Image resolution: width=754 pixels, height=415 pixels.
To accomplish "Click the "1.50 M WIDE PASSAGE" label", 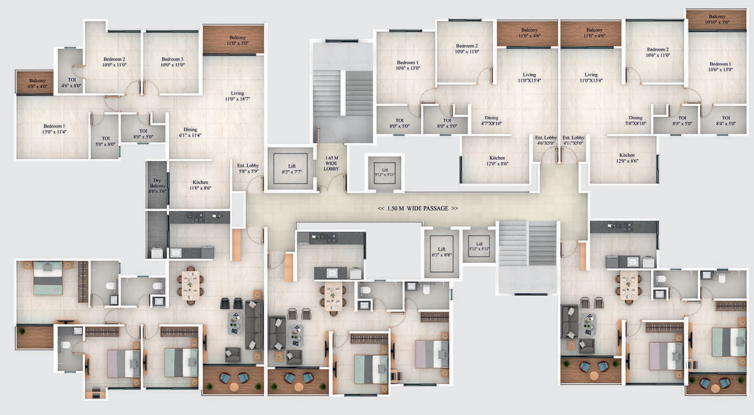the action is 418,209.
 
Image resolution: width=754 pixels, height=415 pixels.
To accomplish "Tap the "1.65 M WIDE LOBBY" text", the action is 331,163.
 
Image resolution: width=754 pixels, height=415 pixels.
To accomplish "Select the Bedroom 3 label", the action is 172,62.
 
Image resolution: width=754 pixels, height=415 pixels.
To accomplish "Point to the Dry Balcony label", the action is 157,186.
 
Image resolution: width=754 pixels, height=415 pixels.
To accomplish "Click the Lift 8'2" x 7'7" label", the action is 292,169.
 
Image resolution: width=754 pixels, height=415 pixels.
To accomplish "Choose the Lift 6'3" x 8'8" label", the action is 442,252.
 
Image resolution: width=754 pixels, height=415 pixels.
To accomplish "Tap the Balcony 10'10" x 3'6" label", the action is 717,19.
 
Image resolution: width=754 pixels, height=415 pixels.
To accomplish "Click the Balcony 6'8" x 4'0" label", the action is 37,84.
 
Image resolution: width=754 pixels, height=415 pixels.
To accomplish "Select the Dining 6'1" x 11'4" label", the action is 190,132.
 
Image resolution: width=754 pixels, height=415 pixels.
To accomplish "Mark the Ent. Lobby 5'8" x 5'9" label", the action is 248,168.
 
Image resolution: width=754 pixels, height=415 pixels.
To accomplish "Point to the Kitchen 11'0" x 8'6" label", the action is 200,185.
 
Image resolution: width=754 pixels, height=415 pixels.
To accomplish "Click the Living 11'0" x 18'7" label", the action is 238,96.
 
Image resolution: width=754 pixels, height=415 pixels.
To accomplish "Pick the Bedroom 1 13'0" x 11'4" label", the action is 54,129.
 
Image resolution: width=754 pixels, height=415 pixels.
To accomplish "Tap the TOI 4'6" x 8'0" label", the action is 71,83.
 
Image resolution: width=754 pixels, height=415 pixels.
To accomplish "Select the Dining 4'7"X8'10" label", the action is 492,120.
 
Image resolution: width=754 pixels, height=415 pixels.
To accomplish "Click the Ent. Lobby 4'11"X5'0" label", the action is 573,140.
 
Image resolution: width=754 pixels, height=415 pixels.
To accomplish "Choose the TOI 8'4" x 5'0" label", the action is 726,121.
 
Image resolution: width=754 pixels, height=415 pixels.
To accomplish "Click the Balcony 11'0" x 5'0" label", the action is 238,40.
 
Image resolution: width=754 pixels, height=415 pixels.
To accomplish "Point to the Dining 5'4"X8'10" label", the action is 636,120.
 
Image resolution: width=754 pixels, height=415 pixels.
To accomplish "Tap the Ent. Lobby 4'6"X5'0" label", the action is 546,140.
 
